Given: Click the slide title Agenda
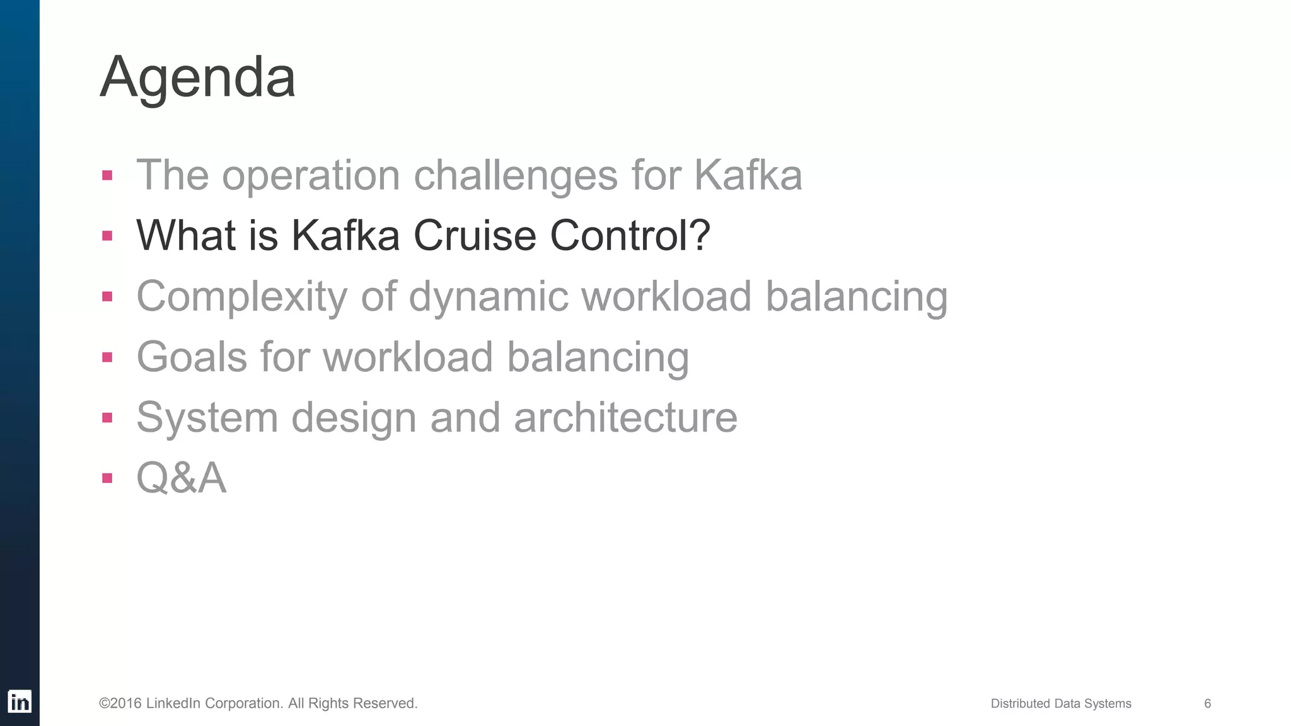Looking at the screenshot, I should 197,77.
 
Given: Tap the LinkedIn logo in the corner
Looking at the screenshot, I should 20,701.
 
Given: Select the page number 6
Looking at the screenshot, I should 1207,703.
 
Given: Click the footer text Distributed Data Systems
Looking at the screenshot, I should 1060,703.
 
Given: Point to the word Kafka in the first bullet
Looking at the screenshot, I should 748,175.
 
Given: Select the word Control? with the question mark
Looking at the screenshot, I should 630,235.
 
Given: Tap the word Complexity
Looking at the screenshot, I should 241,296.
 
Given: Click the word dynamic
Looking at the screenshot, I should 488,296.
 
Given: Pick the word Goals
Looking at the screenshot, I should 192,357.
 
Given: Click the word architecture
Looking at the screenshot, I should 625,417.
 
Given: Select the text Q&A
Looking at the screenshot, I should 181,478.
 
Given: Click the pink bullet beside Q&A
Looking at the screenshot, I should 107,478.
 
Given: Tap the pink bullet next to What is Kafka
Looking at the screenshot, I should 107,236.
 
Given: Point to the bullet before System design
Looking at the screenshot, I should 107,417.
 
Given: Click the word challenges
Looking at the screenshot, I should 515,175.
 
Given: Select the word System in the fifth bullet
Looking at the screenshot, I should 207,417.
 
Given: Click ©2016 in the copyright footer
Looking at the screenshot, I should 120,703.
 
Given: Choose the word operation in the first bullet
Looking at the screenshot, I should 311,175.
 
